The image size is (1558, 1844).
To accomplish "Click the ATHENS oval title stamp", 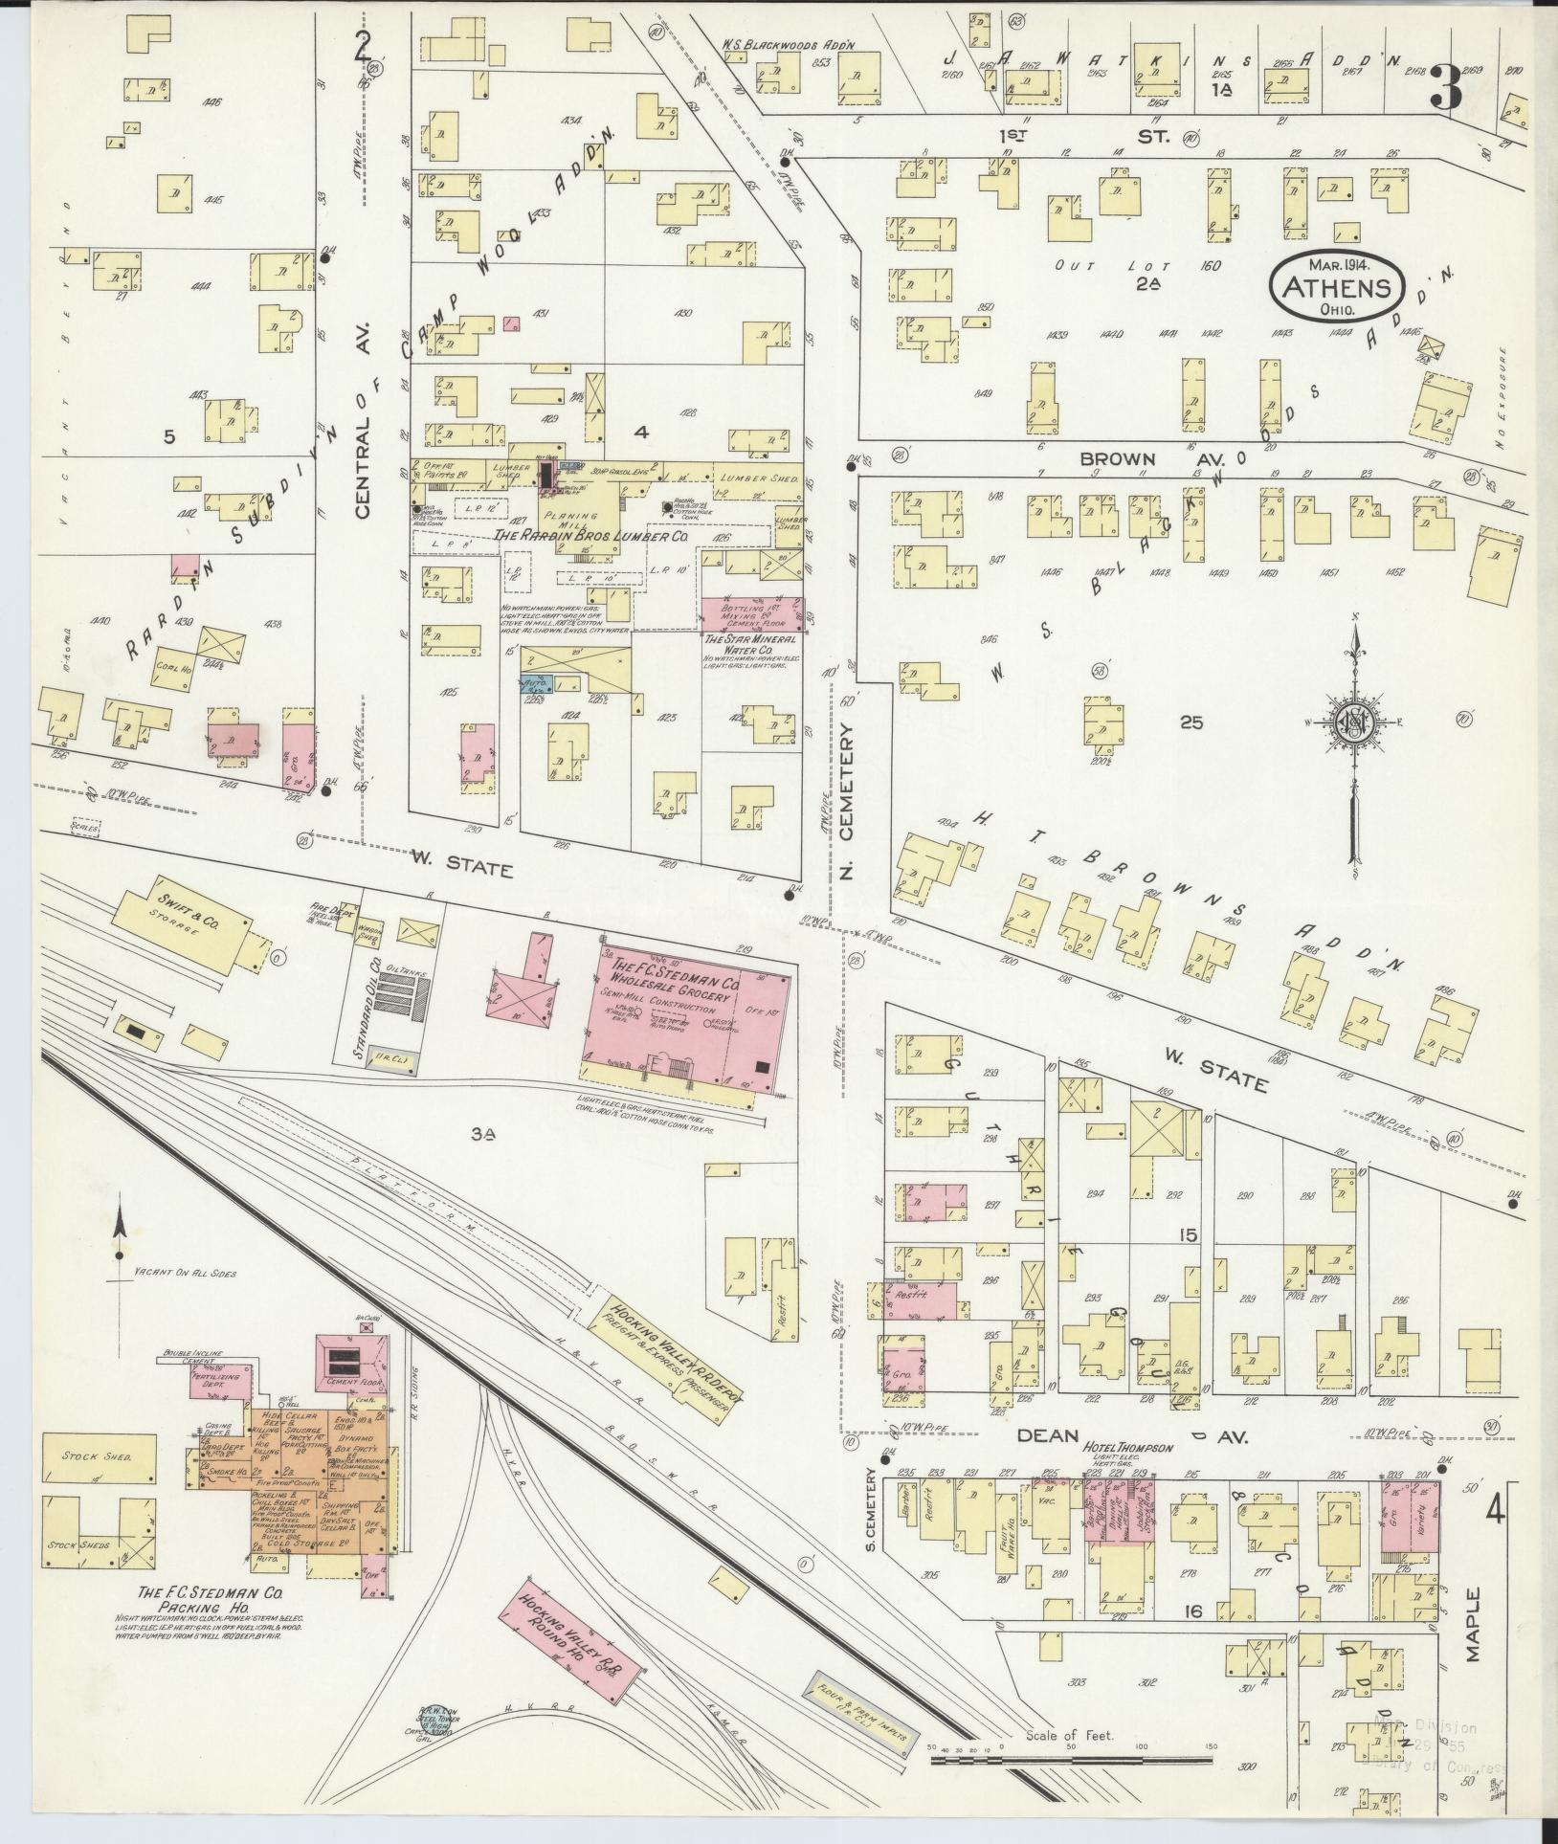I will tap(1336, 287).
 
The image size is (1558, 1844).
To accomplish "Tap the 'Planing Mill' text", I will tap(571, 518).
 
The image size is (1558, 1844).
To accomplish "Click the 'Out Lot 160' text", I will tap(1137, 265).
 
